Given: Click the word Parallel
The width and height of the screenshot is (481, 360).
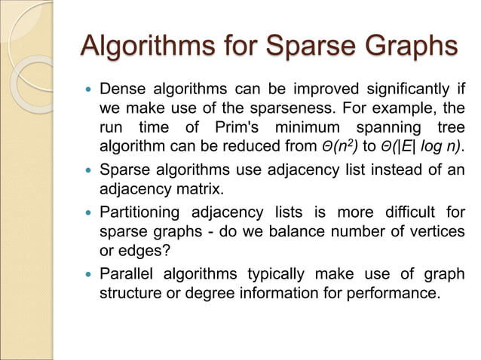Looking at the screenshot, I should [124, 273].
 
